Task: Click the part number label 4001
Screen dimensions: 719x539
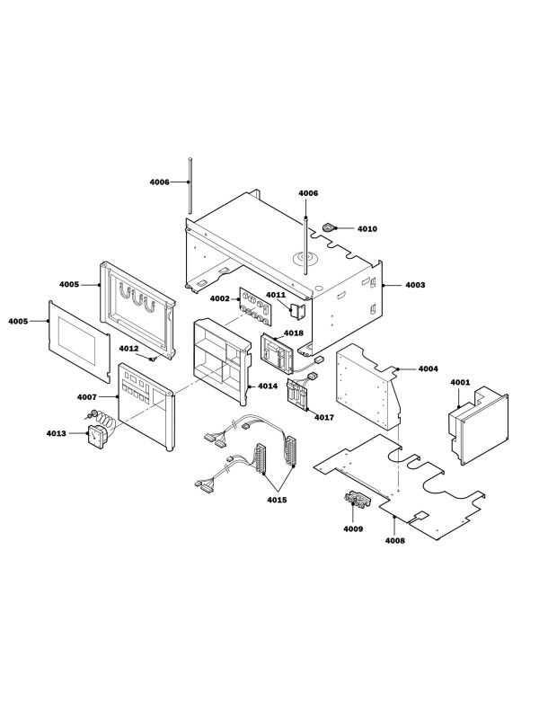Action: pyautogui.click(x=460, y=382)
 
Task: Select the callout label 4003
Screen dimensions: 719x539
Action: pyautogui.click(x=415, y=285)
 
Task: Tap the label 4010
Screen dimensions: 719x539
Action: pyautogui.click(x=367, y=229)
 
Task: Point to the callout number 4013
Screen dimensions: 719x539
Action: pyautogui.click(x=56, y=434)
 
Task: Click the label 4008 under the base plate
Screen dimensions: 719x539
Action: pyautogui.click(x=394, y=540)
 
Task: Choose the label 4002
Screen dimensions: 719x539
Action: pyautogui.click(x=219, y=298)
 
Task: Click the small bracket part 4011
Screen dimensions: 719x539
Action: pyautogui.click(x=299, y=310)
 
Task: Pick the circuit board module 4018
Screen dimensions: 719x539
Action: pyautogui.click(x=279, y=351)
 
